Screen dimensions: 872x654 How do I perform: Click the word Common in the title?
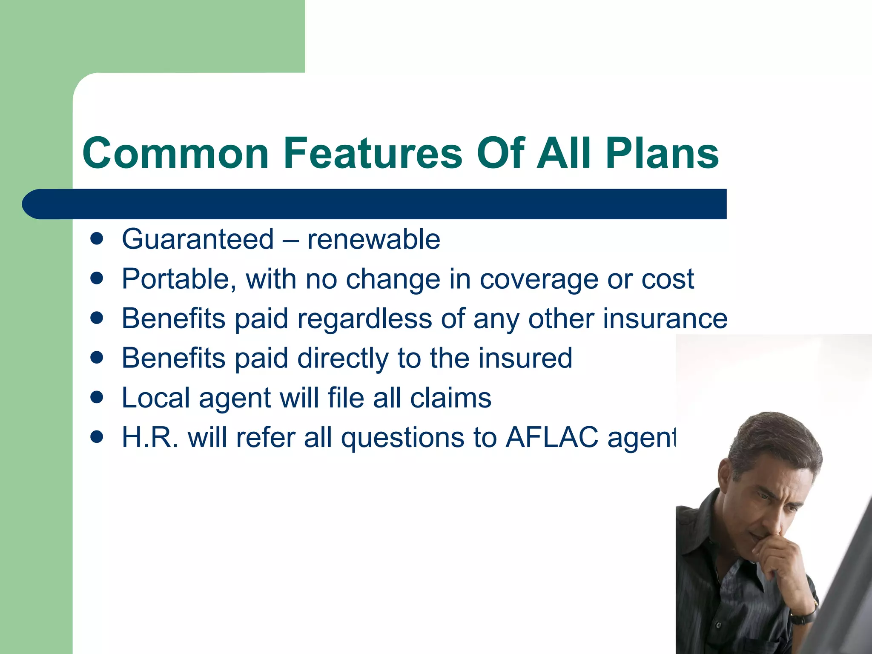point(176,153)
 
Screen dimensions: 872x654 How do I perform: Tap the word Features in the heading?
point(373,153)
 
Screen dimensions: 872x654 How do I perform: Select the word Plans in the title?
point(663,153)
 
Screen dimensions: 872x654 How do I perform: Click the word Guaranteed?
point(198,239)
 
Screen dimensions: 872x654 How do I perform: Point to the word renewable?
point(373,239)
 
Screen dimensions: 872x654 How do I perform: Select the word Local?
point(156,398)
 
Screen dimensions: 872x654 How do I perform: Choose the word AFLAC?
point(552,437)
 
